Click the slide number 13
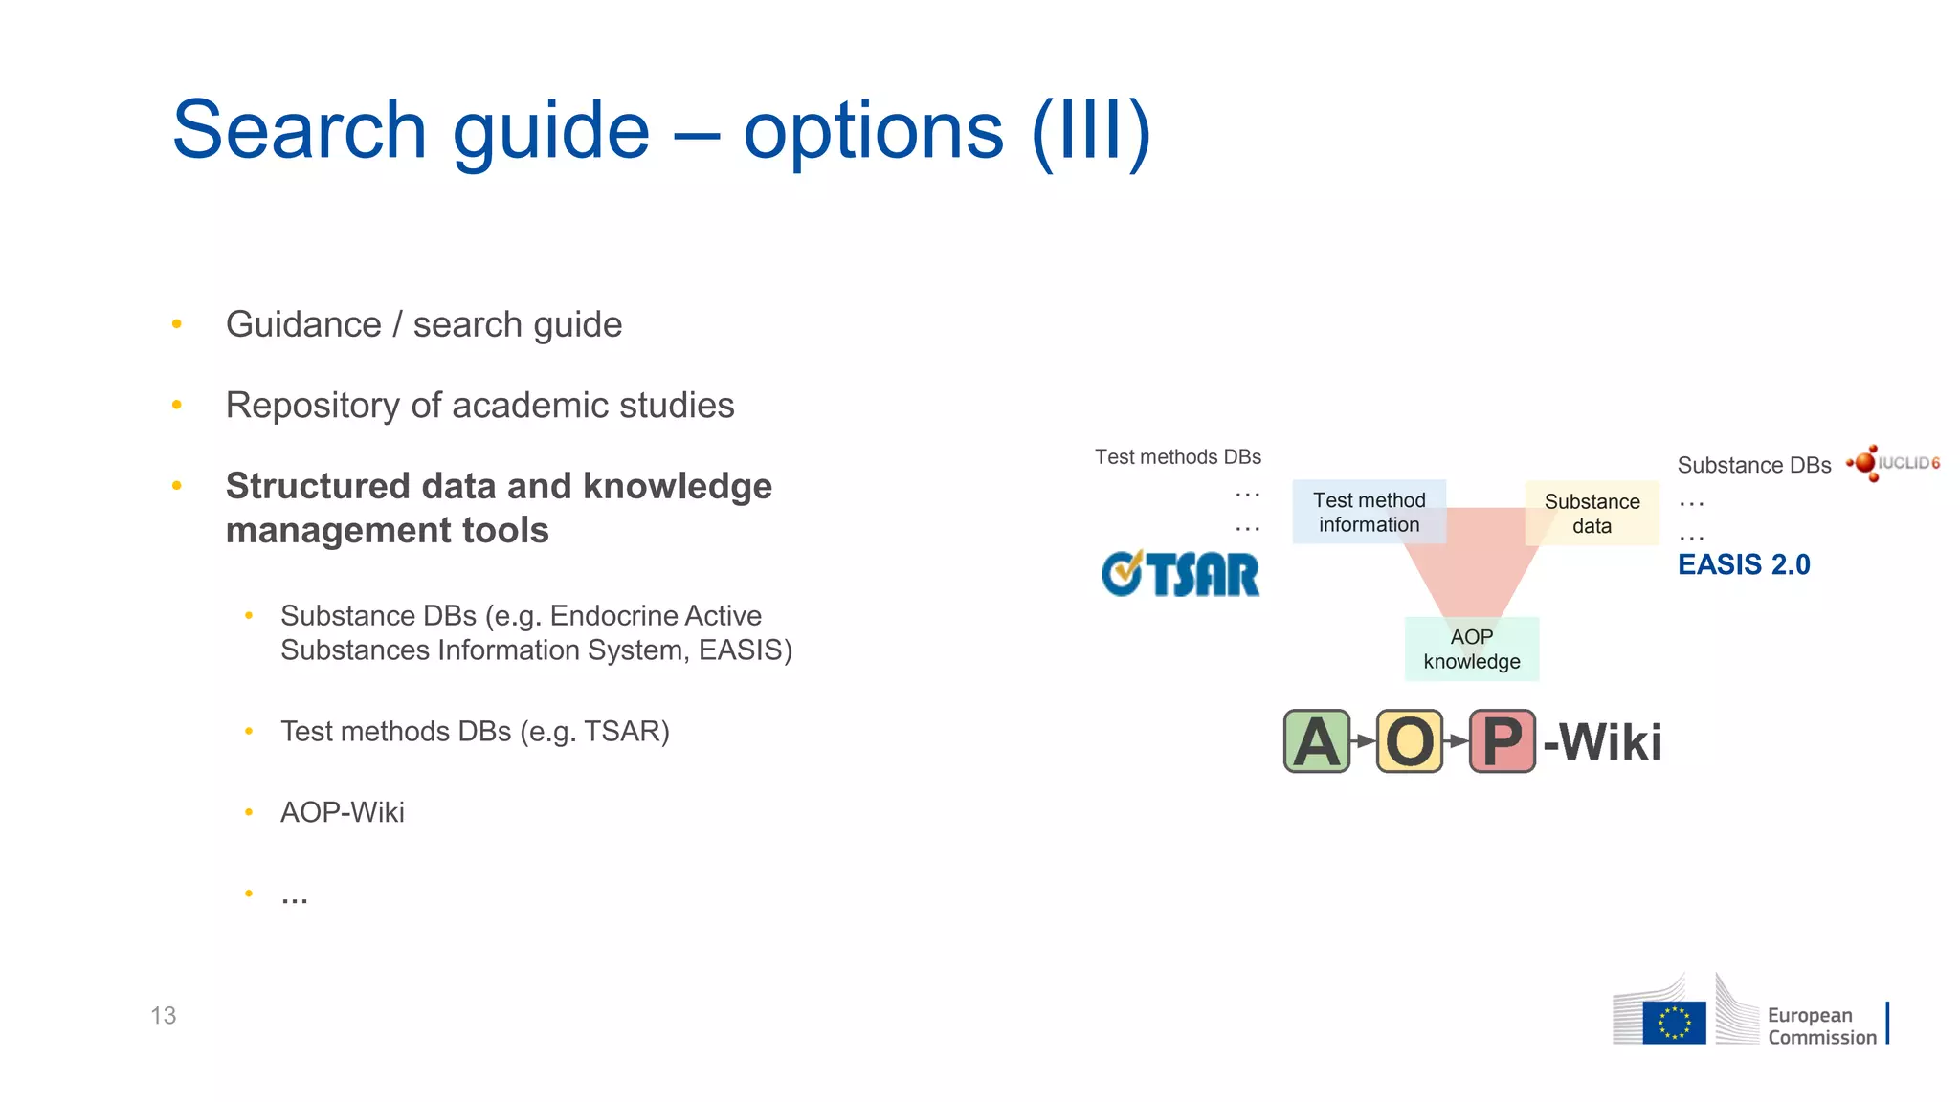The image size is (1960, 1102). [x=163, y=1016]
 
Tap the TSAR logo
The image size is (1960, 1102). [x=1181, y=574]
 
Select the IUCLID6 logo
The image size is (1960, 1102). [x=1894, y=463]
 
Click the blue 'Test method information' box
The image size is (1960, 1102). [x=1369, y=513]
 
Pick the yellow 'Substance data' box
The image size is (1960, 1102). [x=1592, y=514]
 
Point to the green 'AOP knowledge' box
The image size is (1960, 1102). [x=1471, y=650]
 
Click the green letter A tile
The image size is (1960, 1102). [x=1316, y=741]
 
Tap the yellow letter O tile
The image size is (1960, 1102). [x=1409, y=741]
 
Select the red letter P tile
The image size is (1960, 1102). [x=1502, y=741]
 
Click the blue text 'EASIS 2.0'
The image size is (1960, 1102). [x=1744, y=564]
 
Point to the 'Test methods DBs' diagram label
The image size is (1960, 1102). [x=1178, y=457]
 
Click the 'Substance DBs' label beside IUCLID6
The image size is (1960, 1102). [x=1753, y=465]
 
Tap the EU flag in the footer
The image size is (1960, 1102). [x=1674, y=1023]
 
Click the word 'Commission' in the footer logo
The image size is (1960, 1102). [x=1822, y=1038]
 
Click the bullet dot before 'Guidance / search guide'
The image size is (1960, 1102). [x=177, y=324]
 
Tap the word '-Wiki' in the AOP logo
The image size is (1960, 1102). [x=1603, y=742]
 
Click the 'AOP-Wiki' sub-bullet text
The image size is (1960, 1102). [x=343, y=812]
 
